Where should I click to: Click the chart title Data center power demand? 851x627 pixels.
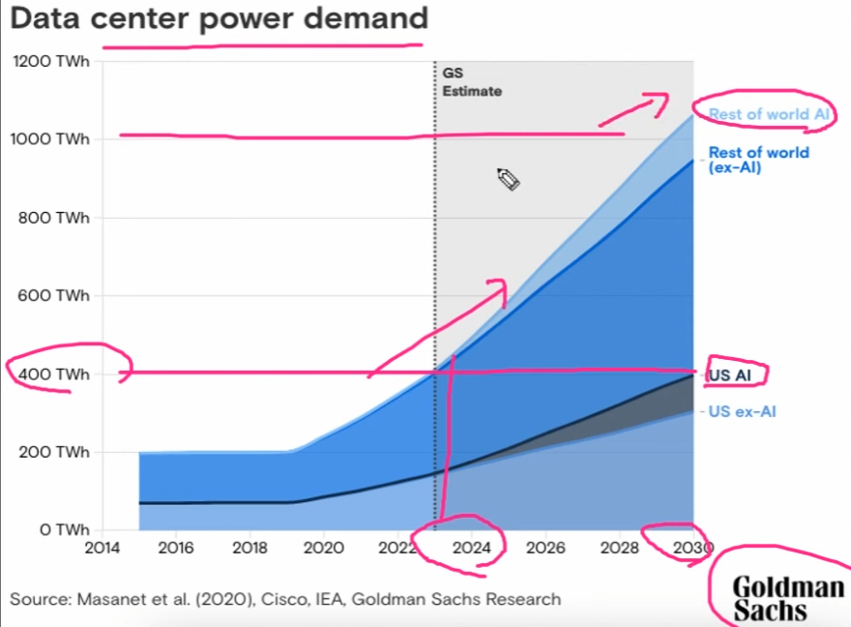tap(219, 18)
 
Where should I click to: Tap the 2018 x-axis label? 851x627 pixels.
tap(249, 548)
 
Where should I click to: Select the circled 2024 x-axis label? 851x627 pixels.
tap(471, 548)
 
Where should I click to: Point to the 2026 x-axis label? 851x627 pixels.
tap(545, 548)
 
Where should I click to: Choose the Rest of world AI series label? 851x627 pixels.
tap(769, 114)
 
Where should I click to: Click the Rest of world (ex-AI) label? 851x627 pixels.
tap(758, 160)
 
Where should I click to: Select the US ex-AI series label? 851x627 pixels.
tap(743, 411)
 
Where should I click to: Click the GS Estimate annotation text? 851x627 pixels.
tap(472, 82)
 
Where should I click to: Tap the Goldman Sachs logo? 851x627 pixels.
tap(787, 598)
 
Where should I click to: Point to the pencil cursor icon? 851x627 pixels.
tap(509, 179)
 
